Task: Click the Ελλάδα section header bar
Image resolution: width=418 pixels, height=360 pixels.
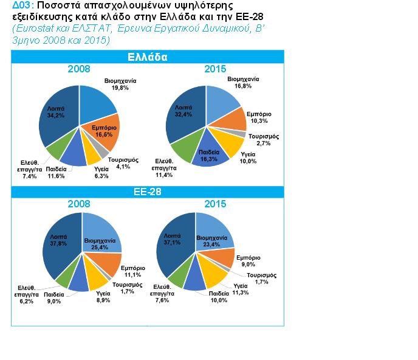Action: tap(148, 58)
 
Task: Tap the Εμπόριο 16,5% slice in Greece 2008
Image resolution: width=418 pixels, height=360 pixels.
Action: tap(104, 132)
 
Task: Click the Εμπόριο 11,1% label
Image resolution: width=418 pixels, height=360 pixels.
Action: tap(132, 271)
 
